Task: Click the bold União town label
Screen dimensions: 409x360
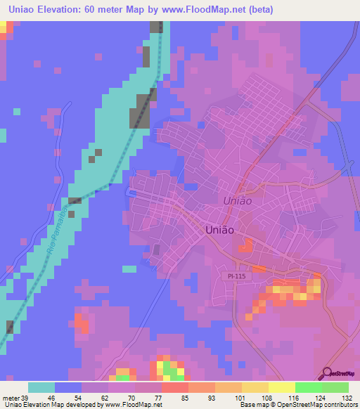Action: click(x=219, y=229)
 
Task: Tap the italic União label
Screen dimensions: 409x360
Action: click(x=238, y=200)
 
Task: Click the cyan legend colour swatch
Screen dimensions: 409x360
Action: click(x=41, y=387)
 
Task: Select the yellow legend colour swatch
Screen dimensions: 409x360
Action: click(x=281, y=387)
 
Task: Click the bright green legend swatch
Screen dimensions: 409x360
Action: click(x=308, y=387)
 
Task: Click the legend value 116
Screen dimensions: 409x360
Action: click(x=294, y=398)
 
